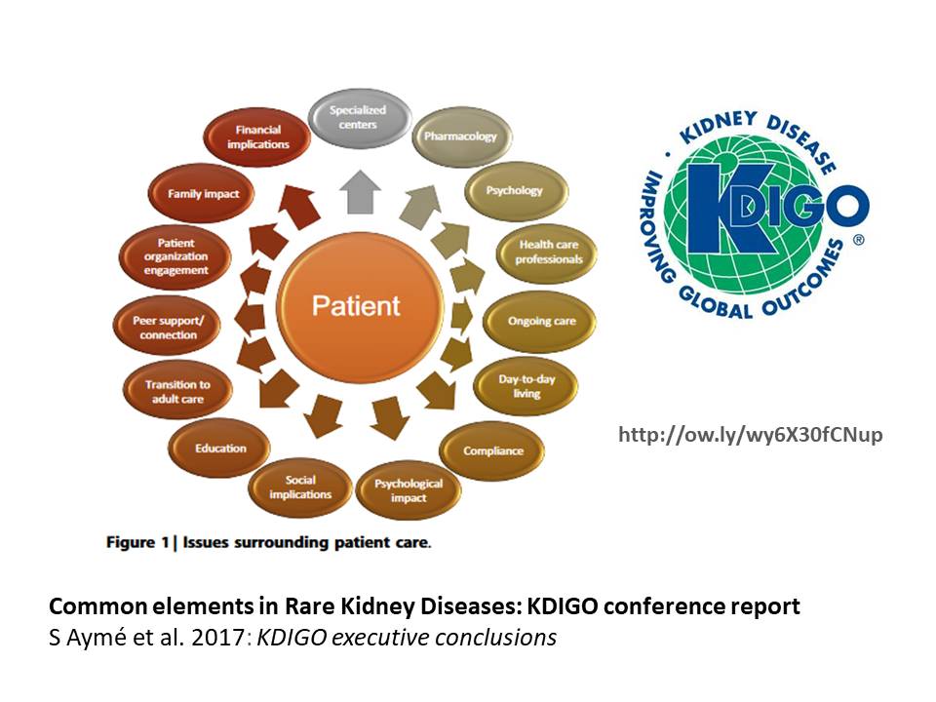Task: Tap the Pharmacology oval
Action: click(460, 136)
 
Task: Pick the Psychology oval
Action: click(515, 190)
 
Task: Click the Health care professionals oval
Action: click(550, 252)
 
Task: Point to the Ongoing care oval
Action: click(542, 321)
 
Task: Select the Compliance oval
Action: click(493, 450)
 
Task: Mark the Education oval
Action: click(220, 448)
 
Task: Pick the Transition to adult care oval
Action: click(177, 391)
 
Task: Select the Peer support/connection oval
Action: click(167, 328)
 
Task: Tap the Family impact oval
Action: click(203, 193)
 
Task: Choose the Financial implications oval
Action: click(258, 136)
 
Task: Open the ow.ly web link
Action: click(750, 435)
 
